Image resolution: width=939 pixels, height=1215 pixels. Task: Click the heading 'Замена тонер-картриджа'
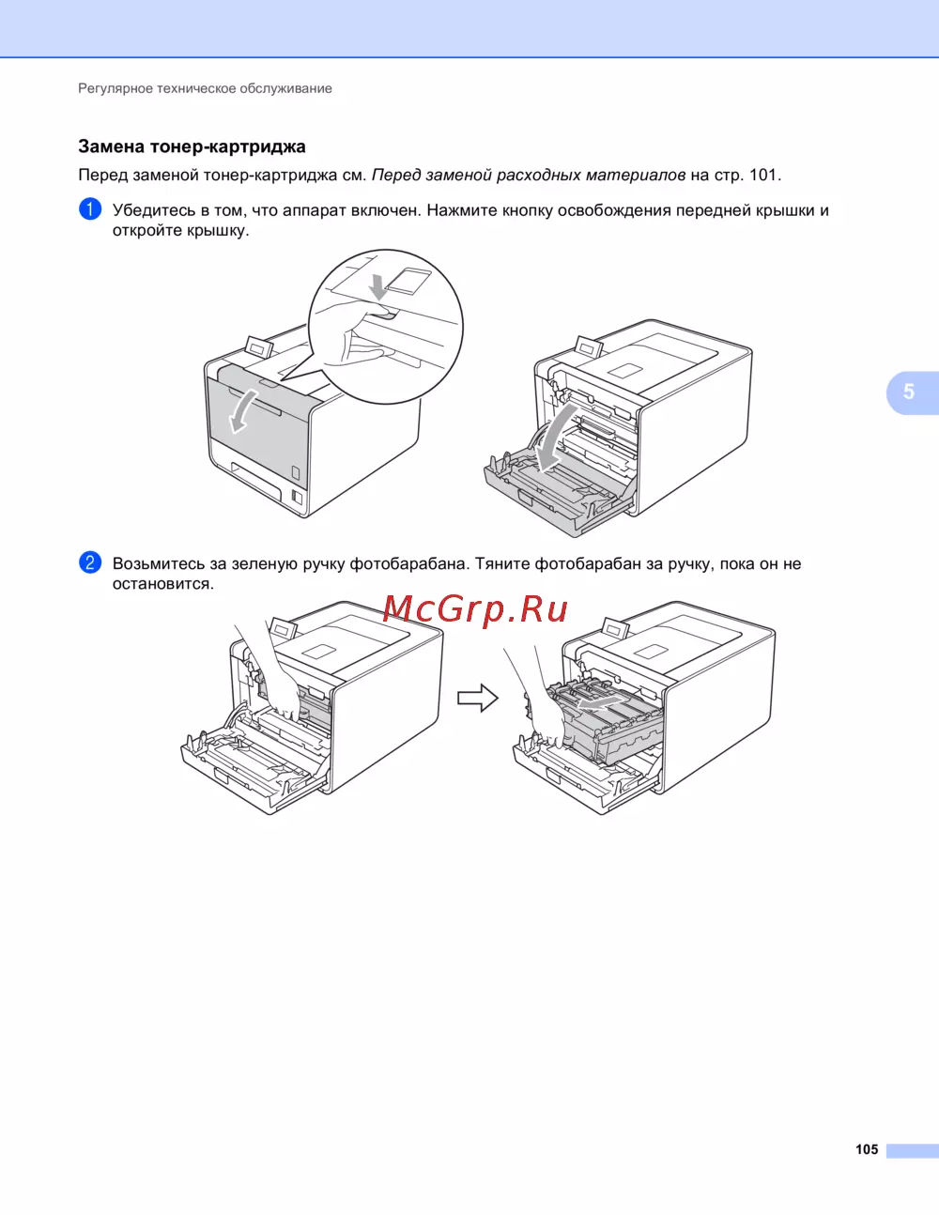click(x=192, y=146)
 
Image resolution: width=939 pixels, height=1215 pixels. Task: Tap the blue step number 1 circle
click(x=90, y=209)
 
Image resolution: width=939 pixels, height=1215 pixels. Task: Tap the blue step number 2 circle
click(x=90, y=562)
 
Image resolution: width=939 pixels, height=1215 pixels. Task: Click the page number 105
click(x=867, y=1149)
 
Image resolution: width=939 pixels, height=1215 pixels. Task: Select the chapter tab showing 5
click(x=911, y=392)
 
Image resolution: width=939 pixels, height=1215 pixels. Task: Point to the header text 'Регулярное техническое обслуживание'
click(x=205, y=88)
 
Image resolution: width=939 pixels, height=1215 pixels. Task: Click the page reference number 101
click(x=762, y=175)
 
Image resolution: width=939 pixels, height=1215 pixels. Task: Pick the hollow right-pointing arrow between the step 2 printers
click(x=477, y=699)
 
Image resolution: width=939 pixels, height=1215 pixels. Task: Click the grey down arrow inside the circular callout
click(x=379, y=286)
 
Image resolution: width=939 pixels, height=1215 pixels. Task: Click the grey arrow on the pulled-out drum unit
click(x=597, y=702)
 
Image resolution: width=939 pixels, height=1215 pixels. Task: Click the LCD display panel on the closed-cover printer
click(x=259, y=346)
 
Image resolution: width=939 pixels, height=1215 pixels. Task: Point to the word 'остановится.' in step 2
click(x=163, y=584)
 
